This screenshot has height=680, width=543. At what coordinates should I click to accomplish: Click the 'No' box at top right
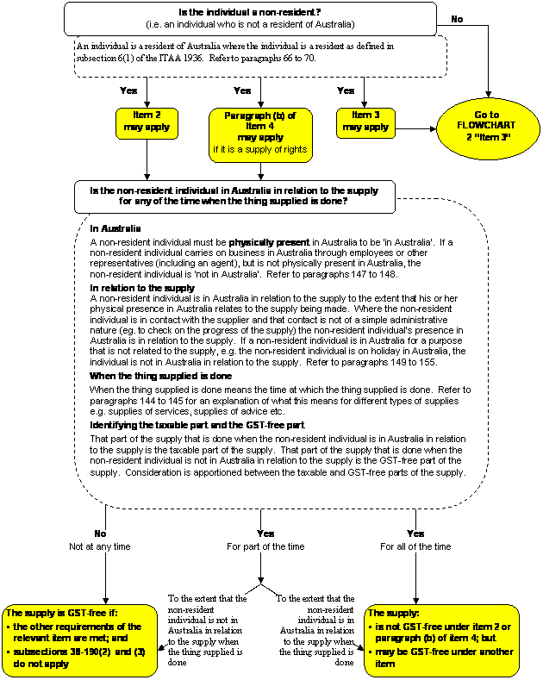pyautogui.click(x=458, y=19)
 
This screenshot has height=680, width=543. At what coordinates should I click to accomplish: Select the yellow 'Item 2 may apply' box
pyautogui.click(x=147, y=122)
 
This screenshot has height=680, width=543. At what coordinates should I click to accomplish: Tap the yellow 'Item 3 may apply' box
pyautogui.click(x=365, y=122)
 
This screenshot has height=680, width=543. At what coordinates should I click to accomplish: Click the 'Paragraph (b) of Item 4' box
pyautogui.click(x=260, y=132)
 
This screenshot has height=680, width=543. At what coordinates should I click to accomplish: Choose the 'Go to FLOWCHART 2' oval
pyautogui.click(x=486, y=132)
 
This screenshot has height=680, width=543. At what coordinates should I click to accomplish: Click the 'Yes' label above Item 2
pyautogui.click(x=128, y=90)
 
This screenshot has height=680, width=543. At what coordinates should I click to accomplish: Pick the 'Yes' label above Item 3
pyautogui.click(x=346, y=90)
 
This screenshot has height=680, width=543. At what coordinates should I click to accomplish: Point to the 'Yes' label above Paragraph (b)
pyautogui.click(x=242, y=90)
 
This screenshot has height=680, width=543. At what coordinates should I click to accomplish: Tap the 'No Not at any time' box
pyautogui.click(x=101, y=540)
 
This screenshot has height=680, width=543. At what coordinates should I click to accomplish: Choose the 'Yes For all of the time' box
pyautogui.click(x=415, y=540)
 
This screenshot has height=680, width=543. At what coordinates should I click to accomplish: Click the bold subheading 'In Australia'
pyautogui.click(x=115, y=228)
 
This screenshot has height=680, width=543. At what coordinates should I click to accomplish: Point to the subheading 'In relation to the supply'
pyautogui.click(x=142, y=287)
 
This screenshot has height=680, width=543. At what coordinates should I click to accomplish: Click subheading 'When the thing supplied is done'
pyautogui.click(x=160, y=377)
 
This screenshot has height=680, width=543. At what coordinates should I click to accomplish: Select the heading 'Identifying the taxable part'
pyautogui.click(x=197, y=426)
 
